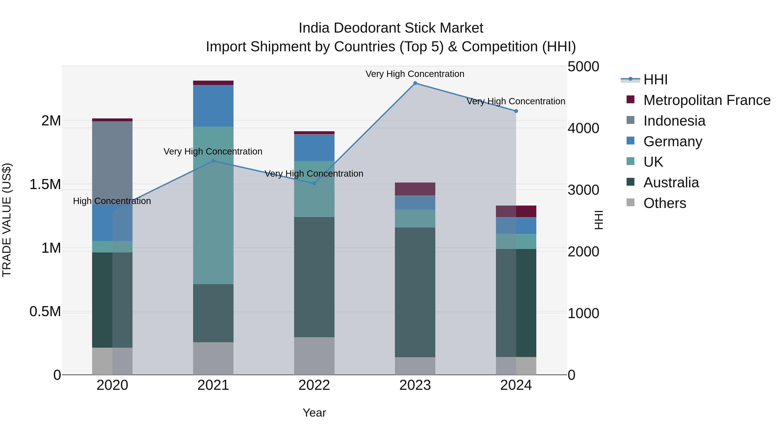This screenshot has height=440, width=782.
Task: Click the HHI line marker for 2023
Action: coord(415,83)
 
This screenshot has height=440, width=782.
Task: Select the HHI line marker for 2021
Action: coord(213,161)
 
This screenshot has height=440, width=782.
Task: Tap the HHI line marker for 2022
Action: coord(314,183)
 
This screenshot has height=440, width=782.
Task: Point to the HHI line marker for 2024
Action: coord(516,111)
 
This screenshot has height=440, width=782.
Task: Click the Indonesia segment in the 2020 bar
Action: coord(112,163)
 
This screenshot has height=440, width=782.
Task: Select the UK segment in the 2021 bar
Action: coord(213,205)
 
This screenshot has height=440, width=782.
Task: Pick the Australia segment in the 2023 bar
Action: coord(415,292)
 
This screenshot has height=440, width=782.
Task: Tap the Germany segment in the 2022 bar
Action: coord(314,148)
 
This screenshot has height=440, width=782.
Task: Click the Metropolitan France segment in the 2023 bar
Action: coord(415,189)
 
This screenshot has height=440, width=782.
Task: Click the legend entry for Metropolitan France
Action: coord(706,100)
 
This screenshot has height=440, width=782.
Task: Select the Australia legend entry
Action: coord(671,183)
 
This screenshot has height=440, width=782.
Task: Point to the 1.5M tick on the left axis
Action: coord(45,184)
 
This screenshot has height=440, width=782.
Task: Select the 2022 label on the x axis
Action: coord(314,385)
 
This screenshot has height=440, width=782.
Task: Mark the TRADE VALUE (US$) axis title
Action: coord(7,220)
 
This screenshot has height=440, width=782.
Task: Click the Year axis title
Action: coord(314,413)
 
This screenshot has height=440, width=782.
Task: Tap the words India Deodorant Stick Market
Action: coord(391,28)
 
